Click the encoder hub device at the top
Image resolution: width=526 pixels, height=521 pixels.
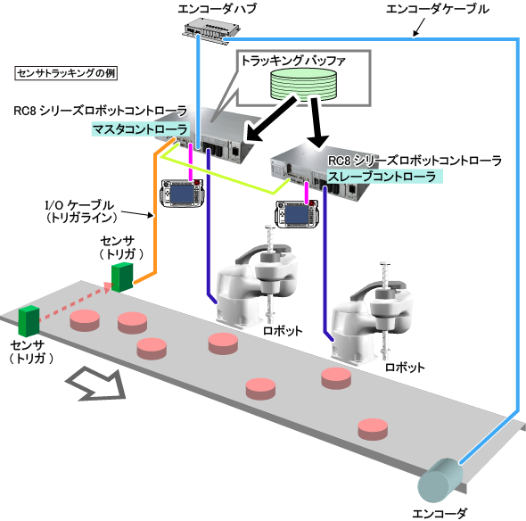coord(211,31)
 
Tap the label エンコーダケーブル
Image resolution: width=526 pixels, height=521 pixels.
coord(437,10)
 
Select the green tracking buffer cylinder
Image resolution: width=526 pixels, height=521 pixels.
coord(303,84)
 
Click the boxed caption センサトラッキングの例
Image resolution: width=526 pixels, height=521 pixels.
coord(66,73)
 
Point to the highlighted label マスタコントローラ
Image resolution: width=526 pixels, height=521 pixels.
coord(140,129)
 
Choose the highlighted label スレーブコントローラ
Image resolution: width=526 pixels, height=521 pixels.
coord(384,177)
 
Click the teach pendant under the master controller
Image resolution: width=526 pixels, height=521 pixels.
coord(182,194)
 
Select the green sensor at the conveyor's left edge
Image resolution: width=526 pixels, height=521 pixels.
coord(29,321)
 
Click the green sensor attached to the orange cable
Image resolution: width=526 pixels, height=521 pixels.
coord(122,277)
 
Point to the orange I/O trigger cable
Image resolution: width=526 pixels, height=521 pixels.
coord(155,215)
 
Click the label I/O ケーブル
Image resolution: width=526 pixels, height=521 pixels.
coord(79,205)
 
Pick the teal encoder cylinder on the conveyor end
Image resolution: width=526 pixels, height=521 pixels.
coord(440,480)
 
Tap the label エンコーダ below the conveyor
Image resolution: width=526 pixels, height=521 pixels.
coord(440,513)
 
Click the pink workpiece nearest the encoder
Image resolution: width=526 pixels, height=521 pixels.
coord(373,429)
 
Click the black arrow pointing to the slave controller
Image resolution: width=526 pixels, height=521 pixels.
coord(317,122)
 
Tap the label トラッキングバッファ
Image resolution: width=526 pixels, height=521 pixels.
coord(293,61)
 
